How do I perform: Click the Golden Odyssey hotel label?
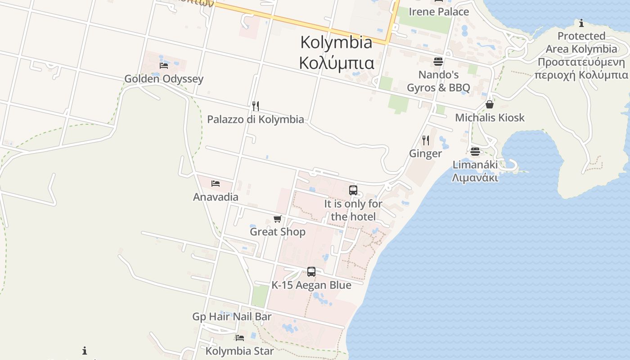point(164,79)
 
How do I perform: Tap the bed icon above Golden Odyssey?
point(164,66)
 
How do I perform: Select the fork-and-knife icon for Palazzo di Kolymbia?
point(256,106)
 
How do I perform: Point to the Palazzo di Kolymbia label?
point(255,119)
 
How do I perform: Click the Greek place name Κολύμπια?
point(336,63)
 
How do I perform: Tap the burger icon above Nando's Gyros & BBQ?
point(438,61)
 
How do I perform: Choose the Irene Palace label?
point(438,12)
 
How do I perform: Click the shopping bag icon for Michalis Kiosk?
point(490,104)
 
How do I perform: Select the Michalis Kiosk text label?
point(490,117)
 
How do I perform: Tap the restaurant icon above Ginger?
point(425,140)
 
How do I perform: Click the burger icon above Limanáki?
point(475,151)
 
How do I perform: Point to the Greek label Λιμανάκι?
point(475,177)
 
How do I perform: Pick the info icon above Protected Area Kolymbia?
point(581,23)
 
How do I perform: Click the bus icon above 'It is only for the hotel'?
point(353,190)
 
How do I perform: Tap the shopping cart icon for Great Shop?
point(278,219)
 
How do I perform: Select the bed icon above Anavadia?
point(216,184)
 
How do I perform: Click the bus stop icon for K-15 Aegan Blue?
point(311,272)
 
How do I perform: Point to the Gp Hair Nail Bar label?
point(232,316)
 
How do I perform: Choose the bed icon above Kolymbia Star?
point(239,337)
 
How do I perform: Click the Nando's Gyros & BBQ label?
point(438,81)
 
